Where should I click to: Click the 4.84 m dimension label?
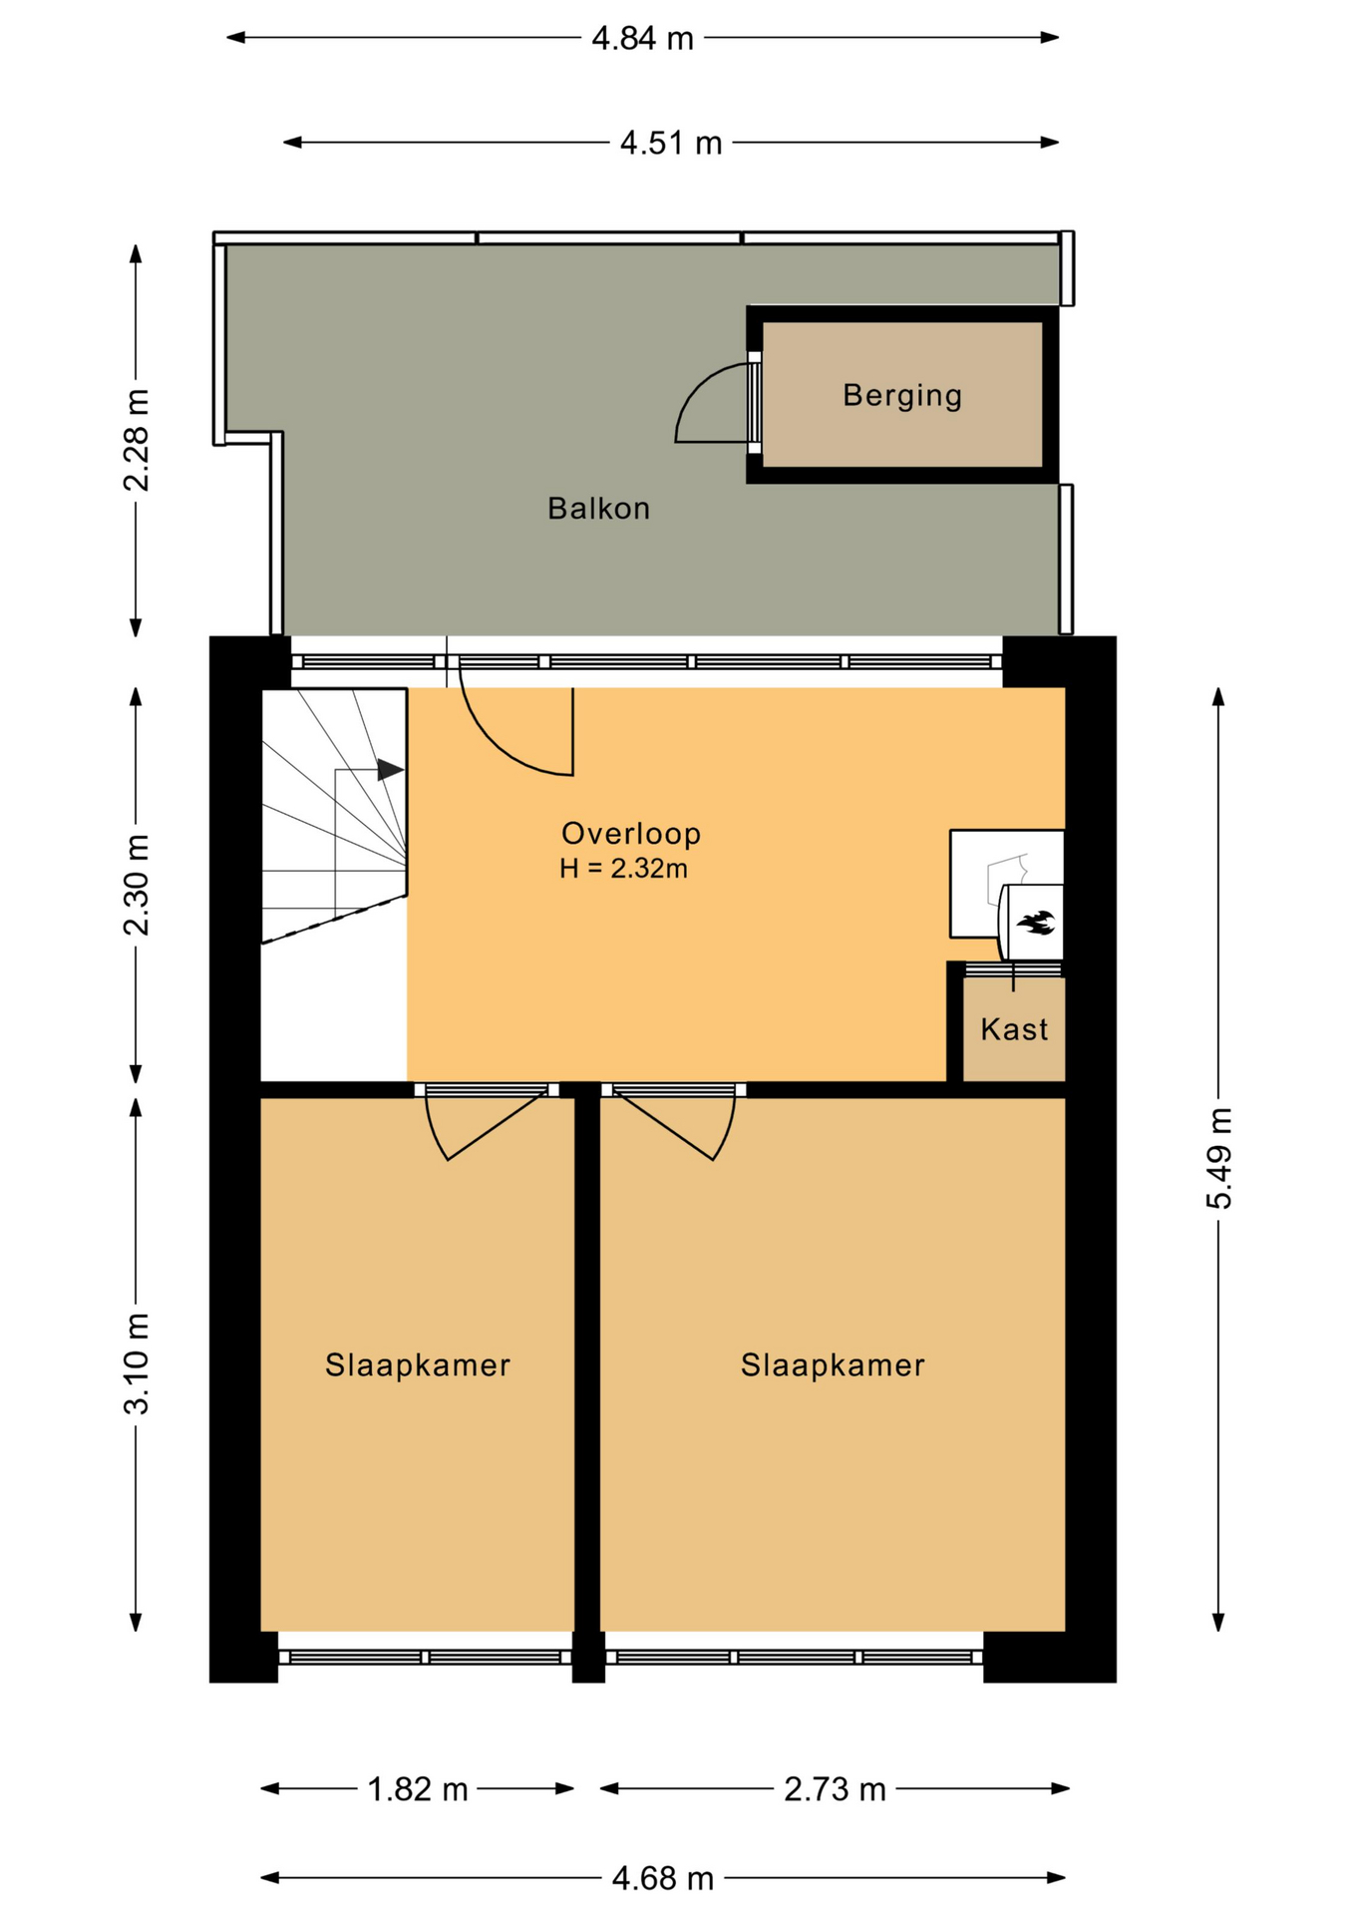point(642,38)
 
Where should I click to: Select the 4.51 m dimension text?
point(671,143)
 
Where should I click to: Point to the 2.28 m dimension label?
point(137,440)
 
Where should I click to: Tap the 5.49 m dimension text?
point(1218,1158)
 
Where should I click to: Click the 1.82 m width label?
point(418,1789)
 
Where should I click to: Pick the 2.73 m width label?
point(835,1789)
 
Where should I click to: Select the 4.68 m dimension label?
point(663,1879)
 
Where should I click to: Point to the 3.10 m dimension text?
point(137,1363)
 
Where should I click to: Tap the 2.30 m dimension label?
point(137,885)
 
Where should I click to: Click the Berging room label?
point(902,396)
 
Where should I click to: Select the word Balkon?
point(598,509)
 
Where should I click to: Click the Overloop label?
point(631,833)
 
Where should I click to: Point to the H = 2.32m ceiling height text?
point(623,869)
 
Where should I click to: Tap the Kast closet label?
point(1014,1029)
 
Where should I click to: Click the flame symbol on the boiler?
point(1035,923)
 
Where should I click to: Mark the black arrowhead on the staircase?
point(390,770)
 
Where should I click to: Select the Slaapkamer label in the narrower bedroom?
point(418,1364)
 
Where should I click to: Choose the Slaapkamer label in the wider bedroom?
point(833,1364)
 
